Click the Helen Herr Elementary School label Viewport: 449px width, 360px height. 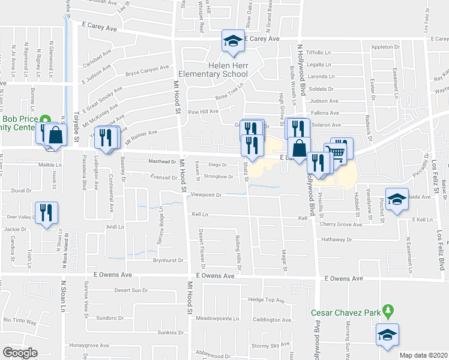click(x=228, y=70)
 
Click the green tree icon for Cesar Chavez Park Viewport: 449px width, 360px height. click(x=388, y=311)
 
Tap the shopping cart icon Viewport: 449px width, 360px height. click(x=338, y=152)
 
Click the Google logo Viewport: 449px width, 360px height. click(x=20, y=353)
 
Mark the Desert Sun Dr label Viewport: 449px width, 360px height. click(x=131, y=290)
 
